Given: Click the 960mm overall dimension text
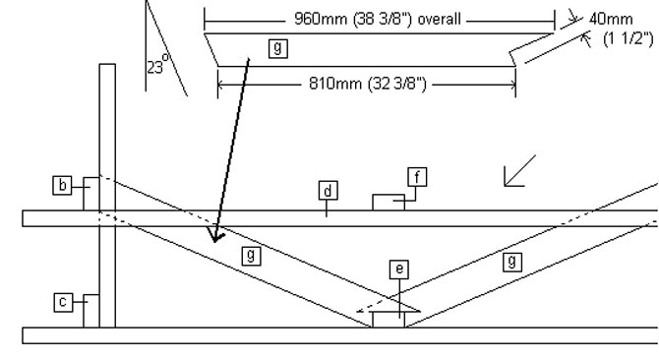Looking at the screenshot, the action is click(378, 20).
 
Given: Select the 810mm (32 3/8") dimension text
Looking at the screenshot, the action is click(367, 84).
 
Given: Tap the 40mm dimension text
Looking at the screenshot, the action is click(611, 19).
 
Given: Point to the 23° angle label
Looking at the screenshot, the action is click(157, 64).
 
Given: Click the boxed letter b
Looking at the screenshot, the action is click(62, 185).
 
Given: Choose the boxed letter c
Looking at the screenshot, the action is click(63, 302).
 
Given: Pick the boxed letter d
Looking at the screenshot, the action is click(328, 191).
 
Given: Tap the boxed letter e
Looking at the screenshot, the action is click(399, 269).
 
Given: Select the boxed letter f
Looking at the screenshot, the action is click(417, 177).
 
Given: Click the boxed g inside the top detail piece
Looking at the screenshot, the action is click(277, 48).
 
